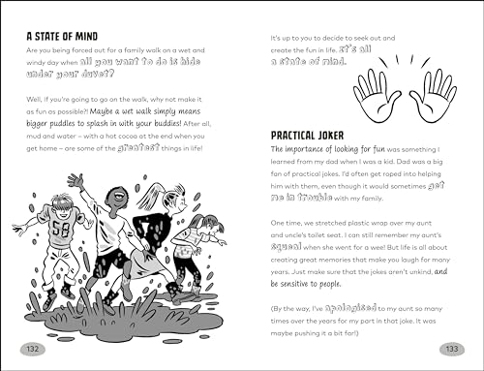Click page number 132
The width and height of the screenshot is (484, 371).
(x=34, y=348)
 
